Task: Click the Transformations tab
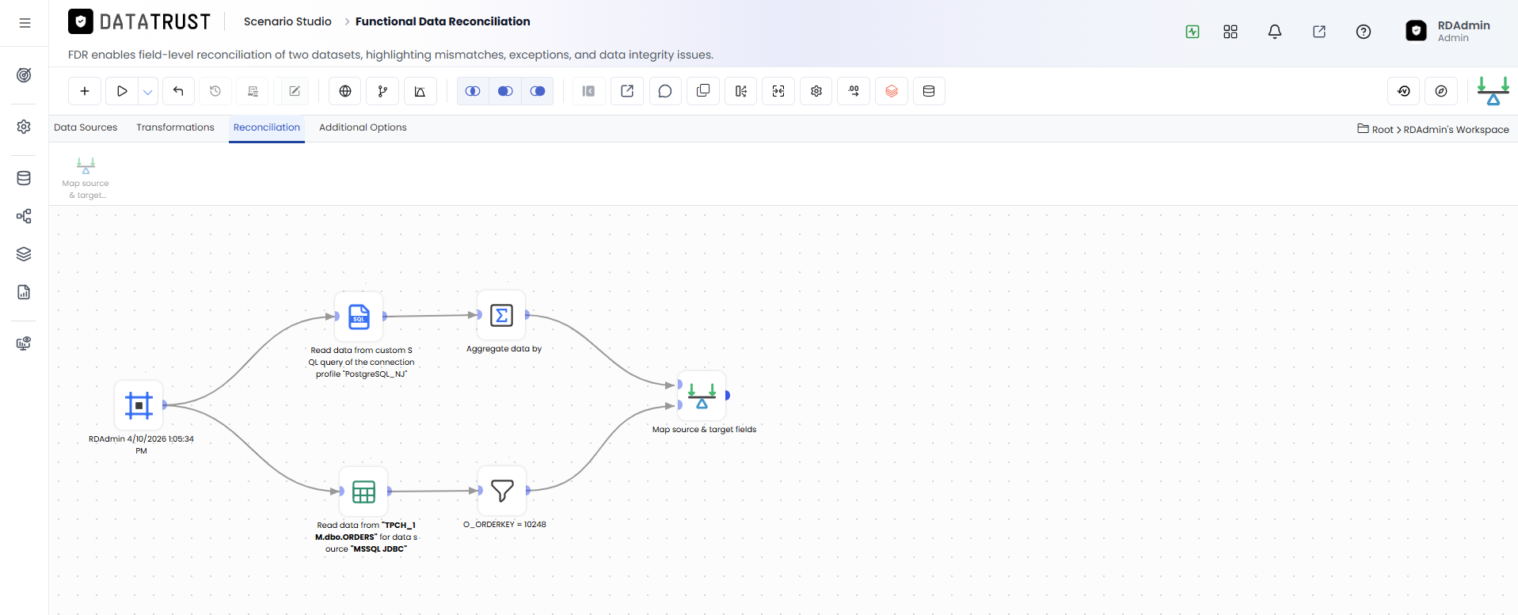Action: click(175, 127)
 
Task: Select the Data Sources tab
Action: click(86, 127)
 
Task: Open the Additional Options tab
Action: click(363, 127)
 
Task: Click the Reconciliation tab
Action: click(267, 127)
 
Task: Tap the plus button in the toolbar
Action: click(85, 91)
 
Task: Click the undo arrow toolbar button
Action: click(178, 91)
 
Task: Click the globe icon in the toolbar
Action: click(345, 91)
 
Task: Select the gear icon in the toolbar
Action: click(816, 91)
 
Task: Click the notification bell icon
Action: click(1275, 32)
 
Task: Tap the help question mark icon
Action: click(1364, 32)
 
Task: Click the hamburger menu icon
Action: click(25, 23)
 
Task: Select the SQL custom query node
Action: click(359, 317)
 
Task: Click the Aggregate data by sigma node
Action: click(501, 315)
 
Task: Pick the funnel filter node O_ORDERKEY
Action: click(502, 491)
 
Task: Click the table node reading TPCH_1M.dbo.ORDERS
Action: click(363, 492)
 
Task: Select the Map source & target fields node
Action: click(702, 395)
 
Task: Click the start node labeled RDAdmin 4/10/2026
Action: click(139, 405)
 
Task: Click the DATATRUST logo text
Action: click(155, 22)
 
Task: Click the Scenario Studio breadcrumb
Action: click(287, 21)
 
